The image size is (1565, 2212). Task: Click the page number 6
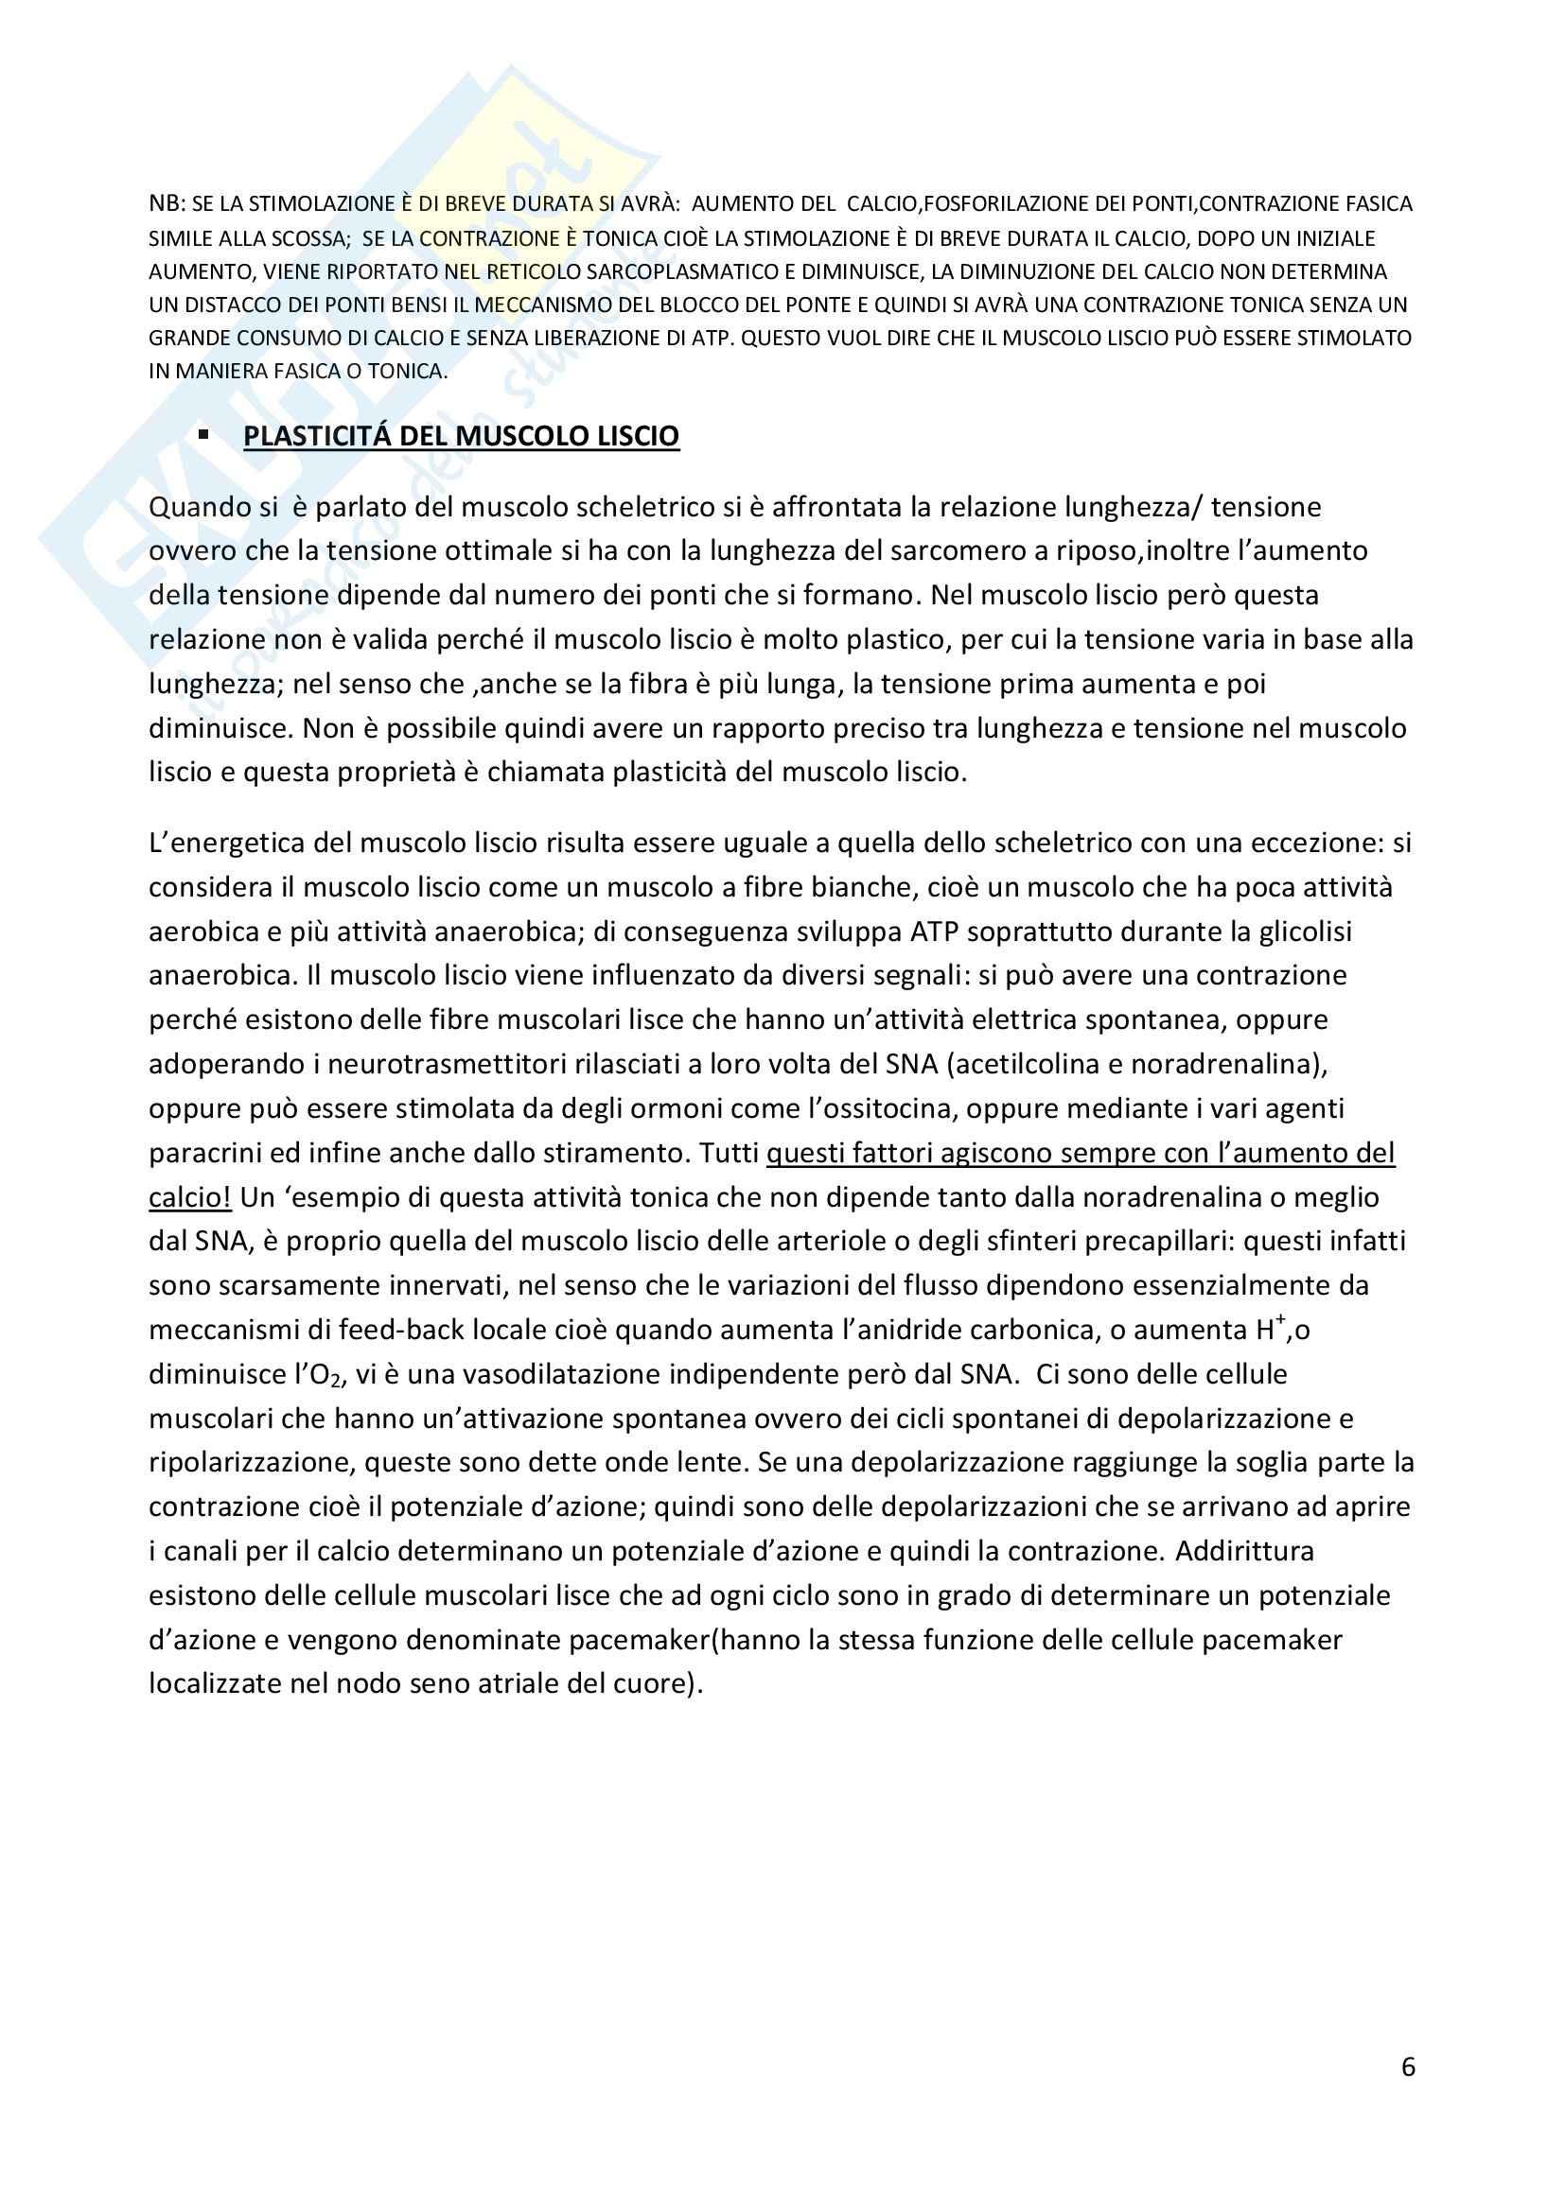(1408, 2066)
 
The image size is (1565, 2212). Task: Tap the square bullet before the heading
(203, 435)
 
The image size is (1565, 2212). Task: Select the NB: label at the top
(167, 204)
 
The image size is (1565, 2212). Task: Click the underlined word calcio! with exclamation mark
(190, 1197)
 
